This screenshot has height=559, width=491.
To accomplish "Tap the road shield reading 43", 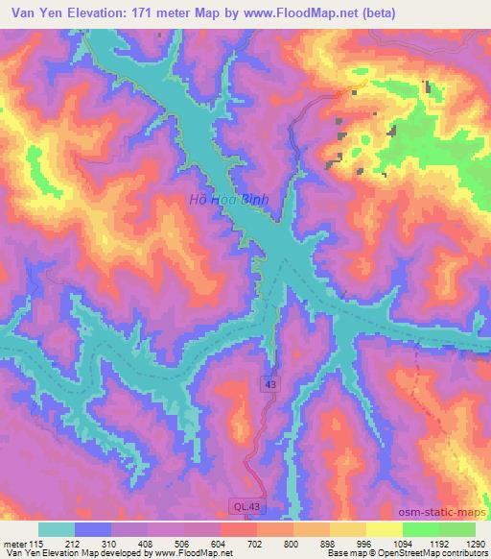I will coord(271,383).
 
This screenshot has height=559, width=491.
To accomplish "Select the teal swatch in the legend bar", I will coord(57,529).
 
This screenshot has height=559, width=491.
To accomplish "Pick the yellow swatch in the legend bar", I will coord(385,529).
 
